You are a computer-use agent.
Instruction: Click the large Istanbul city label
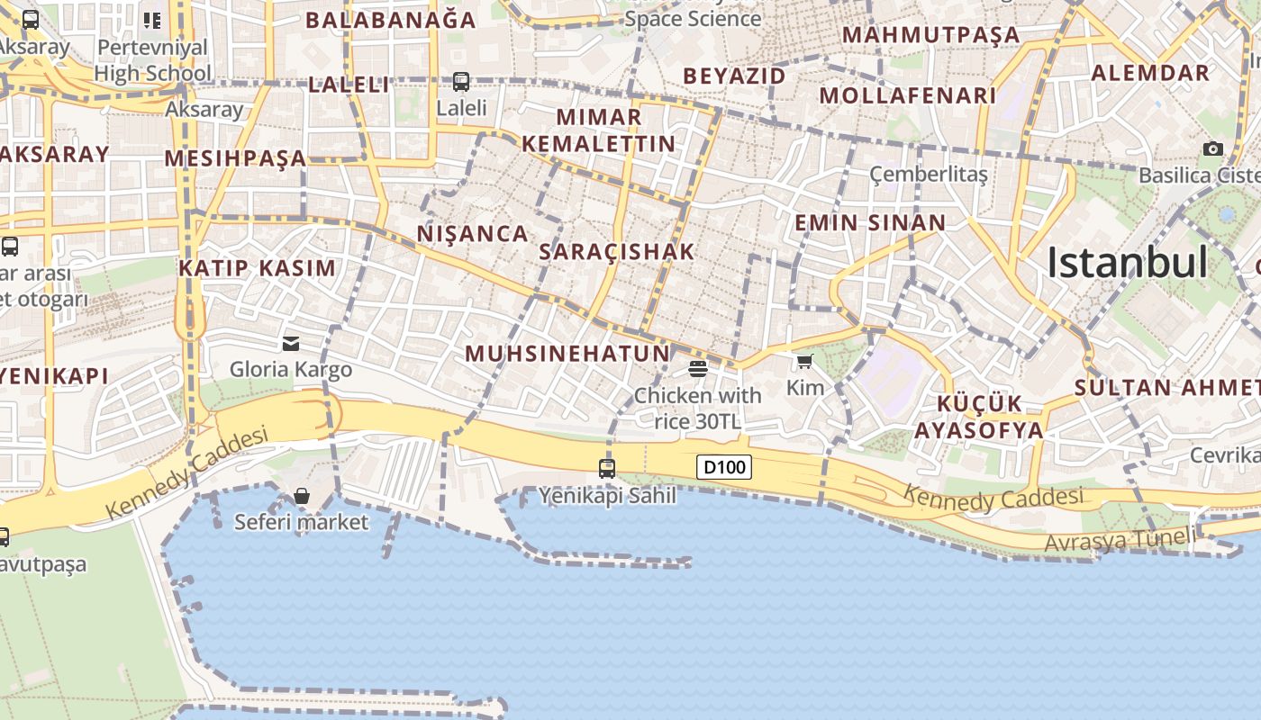point(1127,263)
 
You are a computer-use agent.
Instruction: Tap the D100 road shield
point(724,467)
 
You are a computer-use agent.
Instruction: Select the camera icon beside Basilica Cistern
point(1213,148)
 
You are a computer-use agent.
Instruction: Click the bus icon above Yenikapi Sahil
point(607,468)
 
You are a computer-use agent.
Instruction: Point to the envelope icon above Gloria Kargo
point(291,343)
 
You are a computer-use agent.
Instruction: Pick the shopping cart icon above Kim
point(804,362)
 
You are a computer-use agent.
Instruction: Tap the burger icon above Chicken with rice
point(698,368)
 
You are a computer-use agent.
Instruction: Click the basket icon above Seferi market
point(302,496)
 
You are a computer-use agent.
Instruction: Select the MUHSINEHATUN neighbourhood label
point(567,354)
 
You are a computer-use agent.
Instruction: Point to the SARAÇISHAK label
point(617,252)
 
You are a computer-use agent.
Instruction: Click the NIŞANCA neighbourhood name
point(472,234)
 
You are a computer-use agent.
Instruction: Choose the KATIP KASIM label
point(257,268)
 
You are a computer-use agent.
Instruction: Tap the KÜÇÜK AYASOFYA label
point(979,417)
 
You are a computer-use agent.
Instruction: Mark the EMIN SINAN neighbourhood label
point(870,223)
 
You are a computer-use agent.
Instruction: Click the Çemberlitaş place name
point(929,174)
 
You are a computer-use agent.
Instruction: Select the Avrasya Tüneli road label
point(1120,540)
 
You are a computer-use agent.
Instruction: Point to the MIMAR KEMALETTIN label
point(599,130)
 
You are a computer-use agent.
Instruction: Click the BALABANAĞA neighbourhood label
point(391,20)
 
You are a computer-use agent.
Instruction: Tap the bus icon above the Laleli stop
point(461,82)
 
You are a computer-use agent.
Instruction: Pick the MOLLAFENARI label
point(908,95)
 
